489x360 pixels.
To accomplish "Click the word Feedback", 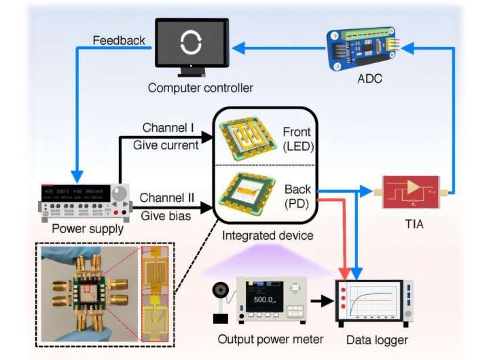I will tap(119, 41).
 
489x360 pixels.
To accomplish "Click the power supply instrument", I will tap(86, 198).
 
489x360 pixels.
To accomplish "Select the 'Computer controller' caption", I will tap(191, 88).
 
